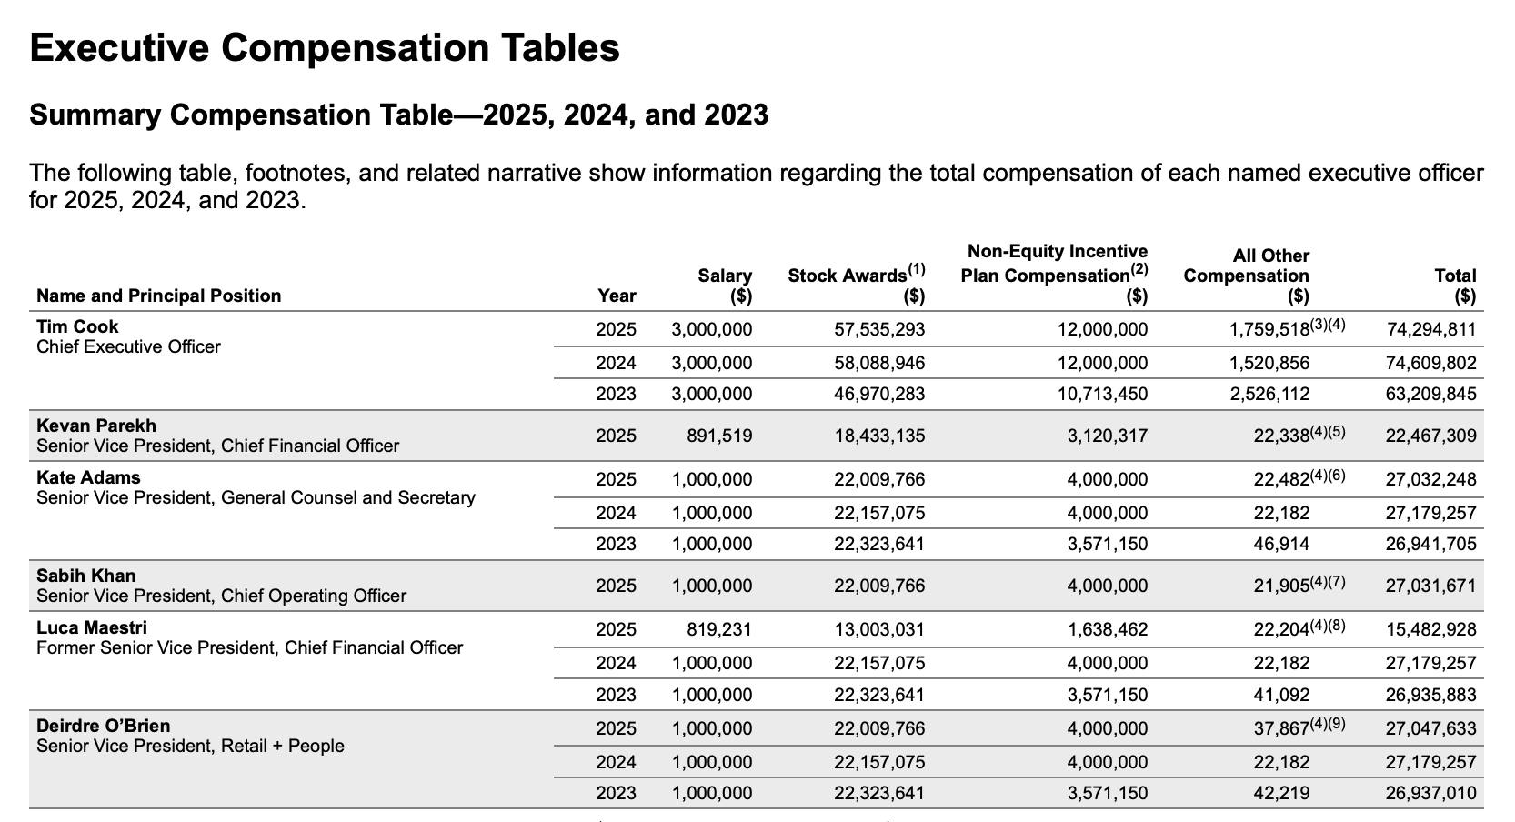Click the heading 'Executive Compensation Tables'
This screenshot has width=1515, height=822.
point(325,48)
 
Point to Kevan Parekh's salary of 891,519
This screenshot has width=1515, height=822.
point(719,436)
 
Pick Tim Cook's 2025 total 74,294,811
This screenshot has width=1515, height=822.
point(1430,329)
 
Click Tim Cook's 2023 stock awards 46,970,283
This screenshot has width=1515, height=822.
point(879,394)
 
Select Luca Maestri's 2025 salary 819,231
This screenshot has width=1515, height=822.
point(719,629)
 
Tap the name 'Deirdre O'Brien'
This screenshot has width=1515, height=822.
point(103,726)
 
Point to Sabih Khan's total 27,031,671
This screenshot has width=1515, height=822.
point(1430,586)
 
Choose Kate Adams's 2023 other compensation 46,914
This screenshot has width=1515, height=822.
point(1281,544)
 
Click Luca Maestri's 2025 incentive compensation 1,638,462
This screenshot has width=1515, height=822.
point(1107,629)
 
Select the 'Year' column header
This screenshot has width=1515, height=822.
point(617,296)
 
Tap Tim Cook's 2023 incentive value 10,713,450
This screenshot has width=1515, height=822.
point(1102,394)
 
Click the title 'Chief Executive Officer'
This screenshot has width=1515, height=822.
point(128,346)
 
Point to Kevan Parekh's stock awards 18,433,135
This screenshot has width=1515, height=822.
point(879,436)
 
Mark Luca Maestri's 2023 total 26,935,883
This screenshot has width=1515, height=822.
point(1430,695)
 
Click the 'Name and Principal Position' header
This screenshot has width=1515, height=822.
point(158,296)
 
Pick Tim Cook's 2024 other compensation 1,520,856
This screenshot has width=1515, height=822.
point(1269,363)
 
